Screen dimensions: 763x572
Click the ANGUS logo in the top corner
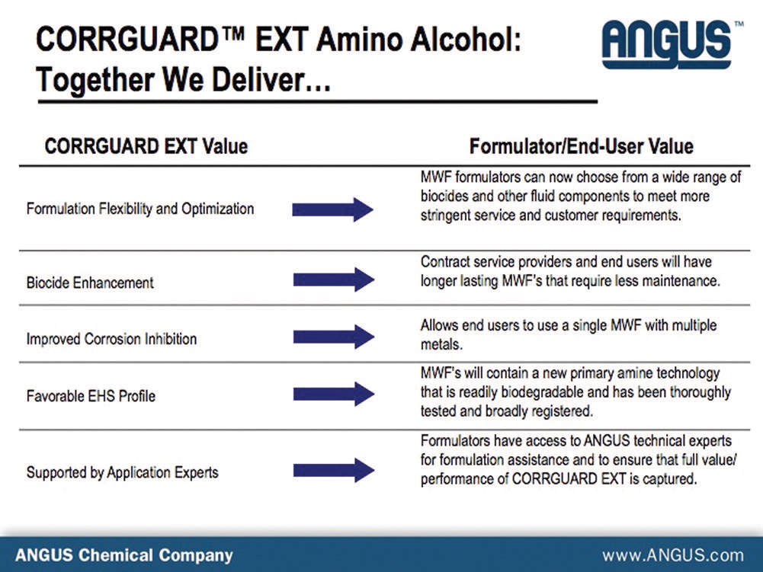(x=672, y=43)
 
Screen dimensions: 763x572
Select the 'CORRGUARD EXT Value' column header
(x=146, y=146)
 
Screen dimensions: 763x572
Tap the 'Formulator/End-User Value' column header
(x=581, y=146)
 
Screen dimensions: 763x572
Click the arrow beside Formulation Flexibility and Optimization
(x=332, y=209)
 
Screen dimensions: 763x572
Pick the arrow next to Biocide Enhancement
(x=333, y=280)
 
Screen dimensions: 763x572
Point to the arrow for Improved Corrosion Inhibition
(x=333, y=337)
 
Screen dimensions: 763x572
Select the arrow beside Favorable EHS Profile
(x=333, y=394)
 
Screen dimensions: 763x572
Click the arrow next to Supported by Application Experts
(x=333, y=470)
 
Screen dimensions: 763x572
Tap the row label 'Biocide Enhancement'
(x=90, y=283)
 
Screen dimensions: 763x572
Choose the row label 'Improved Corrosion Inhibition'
(x=111, y=338)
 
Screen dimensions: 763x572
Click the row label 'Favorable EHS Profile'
(x=91, y=396)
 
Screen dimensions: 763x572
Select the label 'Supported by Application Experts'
(x=122, y=472)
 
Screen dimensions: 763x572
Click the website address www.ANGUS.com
(x=673, y=555)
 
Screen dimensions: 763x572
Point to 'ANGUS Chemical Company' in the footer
(x=124, y=555)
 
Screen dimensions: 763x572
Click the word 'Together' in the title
(x=95, y=80)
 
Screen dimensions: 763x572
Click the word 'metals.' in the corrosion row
(x=441, y=344)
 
